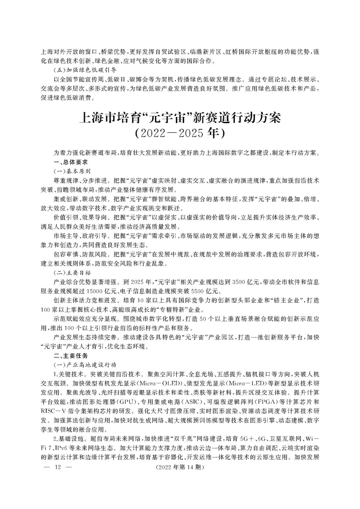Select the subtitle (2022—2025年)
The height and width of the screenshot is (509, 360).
(180, 132)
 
